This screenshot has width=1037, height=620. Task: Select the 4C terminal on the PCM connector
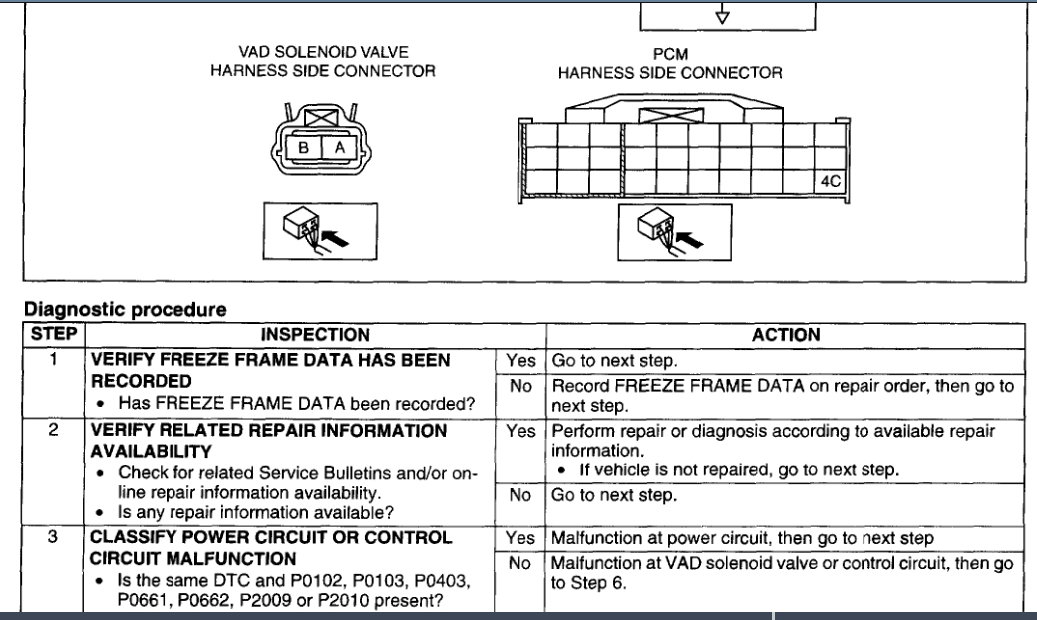click(830, 182)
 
